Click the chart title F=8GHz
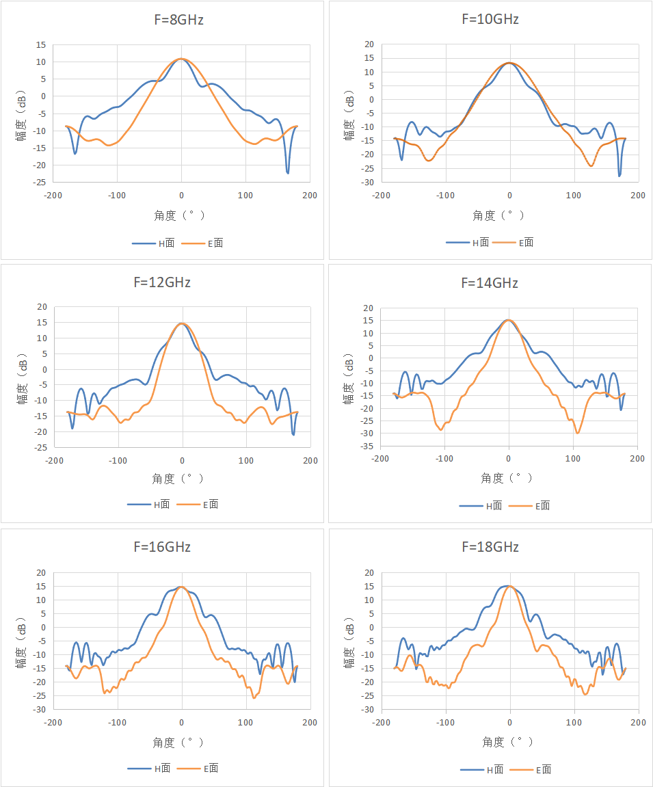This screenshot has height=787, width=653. click(178, 20)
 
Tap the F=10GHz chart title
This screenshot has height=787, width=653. click(490, 19)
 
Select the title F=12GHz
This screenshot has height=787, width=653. click(162, 282)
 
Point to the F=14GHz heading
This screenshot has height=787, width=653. click(490, 283)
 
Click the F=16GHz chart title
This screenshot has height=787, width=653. click(162, 546)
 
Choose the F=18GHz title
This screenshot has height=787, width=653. click(490, 546)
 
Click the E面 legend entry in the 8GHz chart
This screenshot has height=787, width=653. click(202, 243)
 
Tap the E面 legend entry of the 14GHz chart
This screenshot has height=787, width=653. click(529, 506)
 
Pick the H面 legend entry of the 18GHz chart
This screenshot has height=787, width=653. click(482, 769)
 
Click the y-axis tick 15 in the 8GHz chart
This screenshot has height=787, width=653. click(40, 45)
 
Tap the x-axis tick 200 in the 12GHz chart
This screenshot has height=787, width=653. click(310, 461)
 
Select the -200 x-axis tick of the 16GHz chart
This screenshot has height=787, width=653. click(53, 723)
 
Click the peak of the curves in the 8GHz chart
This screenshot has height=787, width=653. click(182, 59)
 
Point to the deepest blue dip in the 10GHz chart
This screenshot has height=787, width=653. click(619, 176)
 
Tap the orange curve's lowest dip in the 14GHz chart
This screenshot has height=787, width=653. click(578, 433)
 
